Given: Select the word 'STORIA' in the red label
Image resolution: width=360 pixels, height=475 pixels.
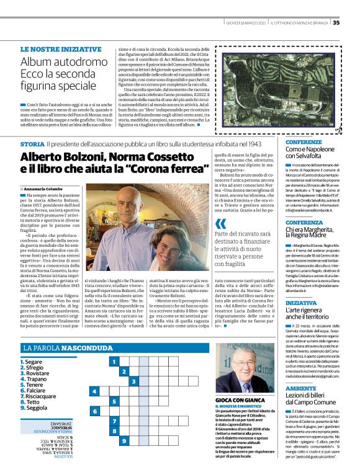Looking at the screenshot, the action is coord(33,144).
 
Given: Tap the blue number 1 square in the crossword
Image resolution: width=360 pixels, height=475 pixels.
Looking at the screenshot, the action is coord(113,360).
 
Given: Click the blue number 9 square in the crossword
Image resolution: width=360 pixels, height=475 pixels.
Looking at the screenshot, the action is coord(113,442).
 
